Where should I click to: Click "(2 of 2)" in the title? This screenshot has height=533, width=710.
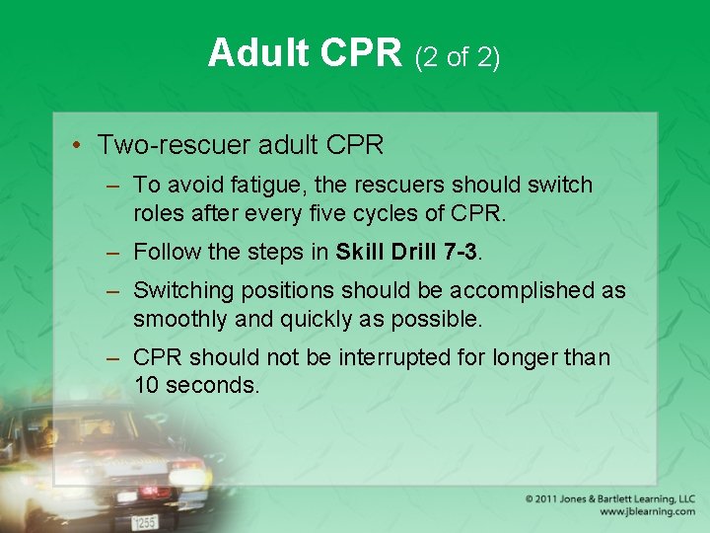[x=458, y=57]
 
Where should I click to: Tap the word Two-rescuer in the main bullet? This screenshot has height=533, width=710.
[x=173, y=145]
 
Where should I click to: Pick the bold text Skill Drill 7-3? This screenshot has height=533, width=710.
[x=406, y=252]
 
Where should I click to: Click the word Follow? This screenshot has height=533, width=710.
[x=166, y=252]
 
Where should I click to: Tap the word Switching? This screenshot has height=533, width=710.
[x=188, y=291]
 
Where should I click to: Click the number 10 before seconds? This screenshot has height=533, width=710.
[x=146, y=385]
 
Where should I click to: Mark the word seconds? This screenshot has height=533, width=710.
[x=213, y=385]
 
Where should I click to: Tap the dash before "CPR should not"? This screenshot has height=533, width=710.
[x=114, y=357]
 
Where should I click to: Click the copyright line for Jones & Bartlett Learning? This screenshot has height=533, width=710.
[x=609, y=499]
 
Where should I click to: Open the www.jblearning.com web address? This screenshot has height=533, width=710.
[x=647, y=512]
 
